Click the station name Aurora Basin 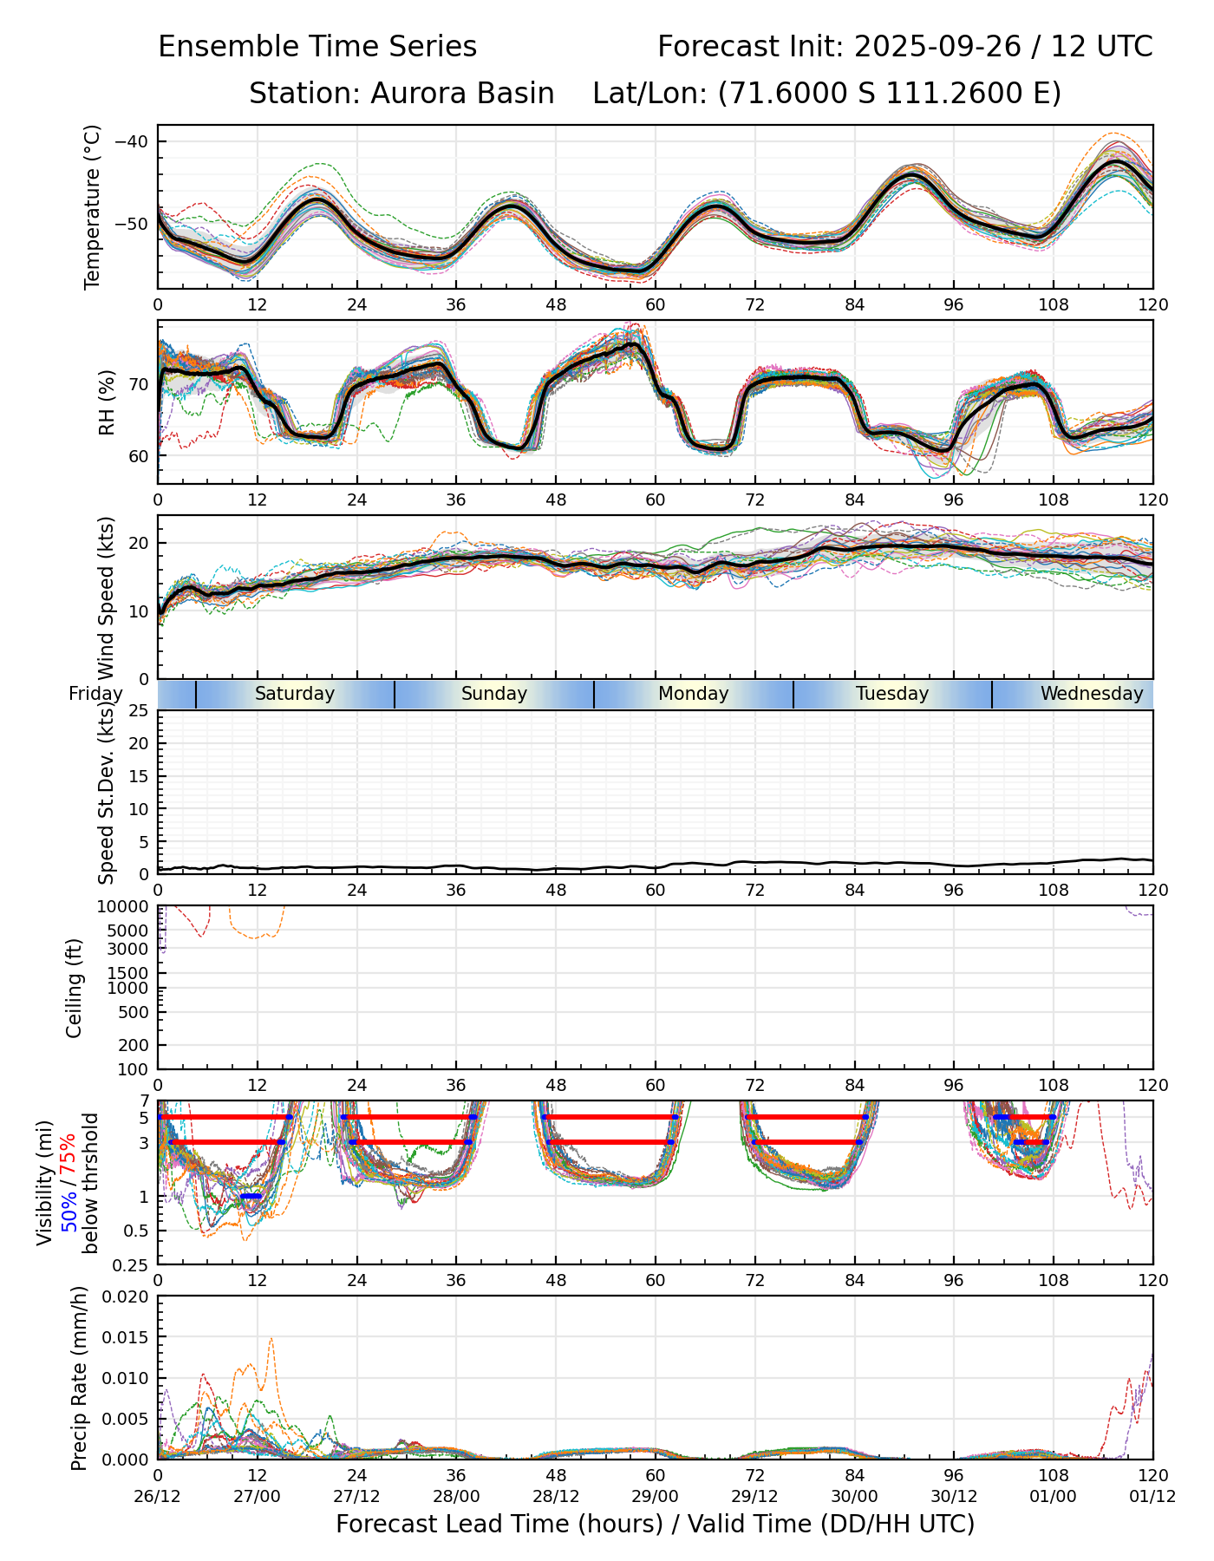tap(462, 94)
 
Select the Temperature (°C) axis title tap(93, 206)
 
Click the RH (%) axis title tap(107, 402)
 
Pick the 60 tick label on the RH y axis tap(138, 456)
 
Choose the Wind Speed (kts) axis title tap(107, 598)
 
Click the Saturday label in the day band tap(295, 694)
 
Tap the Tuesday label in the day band tap(892, 694)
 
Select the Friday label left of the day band tap(95, 694)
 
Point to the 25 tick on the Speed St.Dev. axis tap(139, 711)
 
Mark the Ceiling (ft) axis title tap(75, 988)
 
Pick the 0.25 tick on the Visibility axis tap(133, 1264)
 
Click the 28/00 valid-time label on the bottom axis tap(456, 1497)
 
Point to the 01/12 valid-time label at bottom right tap(1152, 1497)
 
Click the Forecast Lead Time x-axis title tap(655, 1525)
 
